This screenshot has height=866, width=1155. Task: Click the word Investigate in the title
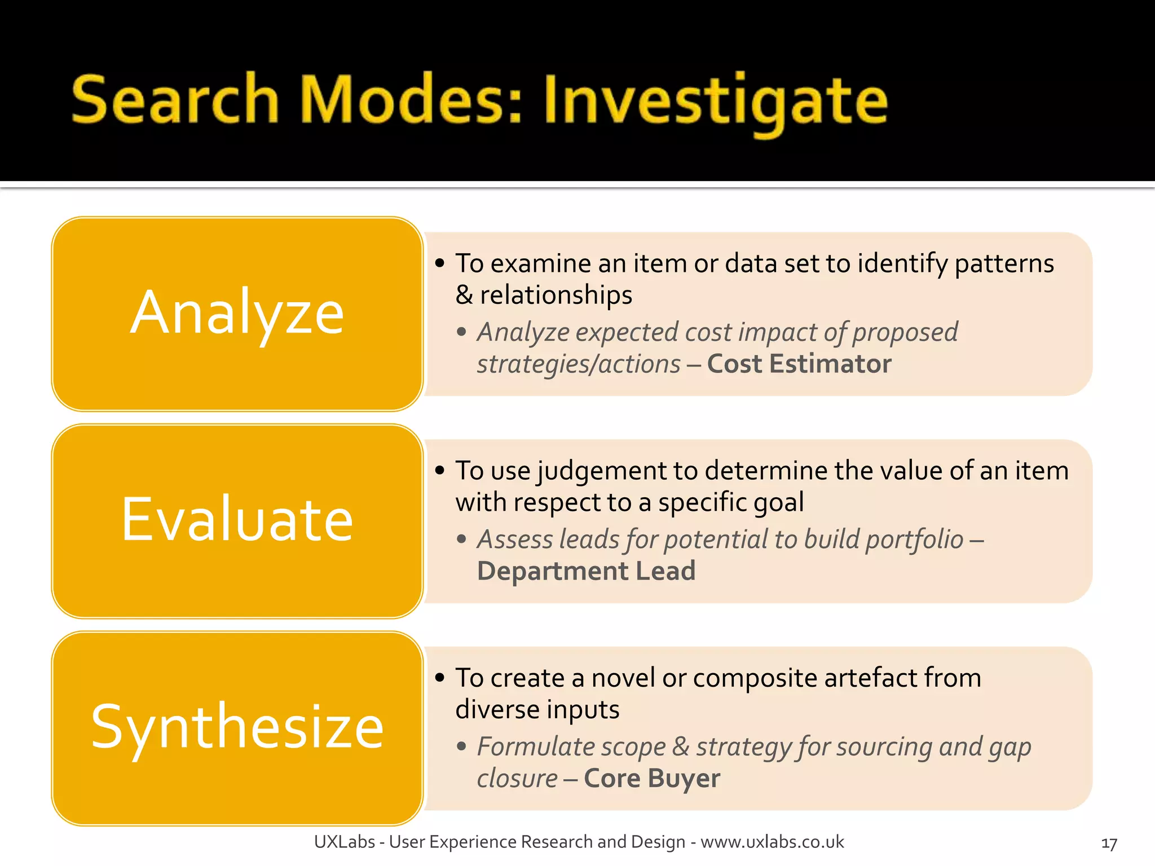tap(715, 101)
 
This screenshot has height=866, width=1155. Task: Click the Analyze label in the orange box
tap(237, 313)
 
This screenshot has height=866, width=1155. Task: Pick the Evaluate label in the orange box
tap(237, 520)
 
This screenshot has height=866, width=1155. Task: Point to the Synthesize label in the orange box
tap(237, 727)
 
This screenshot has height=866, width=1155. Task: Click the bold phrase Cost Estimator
tap(799, 364)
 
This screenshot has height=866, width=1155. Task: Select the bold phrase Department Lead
tap(586, 571)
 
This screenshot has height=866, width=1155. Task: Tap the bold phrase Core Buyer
tap(651, 779)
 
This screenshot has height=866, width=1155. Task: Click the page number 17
tap(1109, 844)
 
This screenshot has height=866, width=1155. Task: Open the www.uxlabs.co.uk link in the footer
tap(772, 842)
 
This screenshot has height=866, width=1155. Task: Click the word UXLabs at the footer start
tap(344, 842)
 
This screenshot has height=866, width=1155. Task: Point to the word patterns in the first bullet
tap(1004, 264)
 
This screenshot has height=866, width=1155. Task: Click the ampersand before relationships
tap(464, 295)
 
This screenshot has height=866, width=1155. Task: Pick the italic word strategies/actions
tap(579, 364)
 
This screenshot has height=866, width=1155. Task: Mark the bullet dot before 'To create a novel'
tap(440, 677)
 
